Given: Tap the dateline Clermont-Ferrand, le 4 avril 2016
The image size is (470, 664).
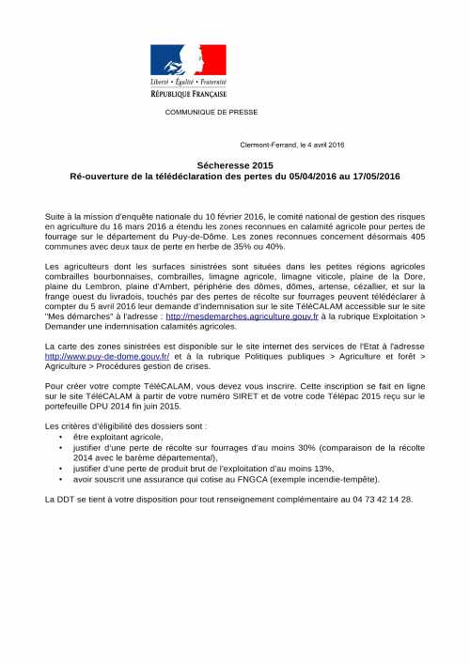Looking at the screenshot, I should click(293, 145).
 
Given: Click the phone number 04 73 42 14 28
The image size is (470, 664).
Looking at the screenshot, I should click(381, 499).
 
